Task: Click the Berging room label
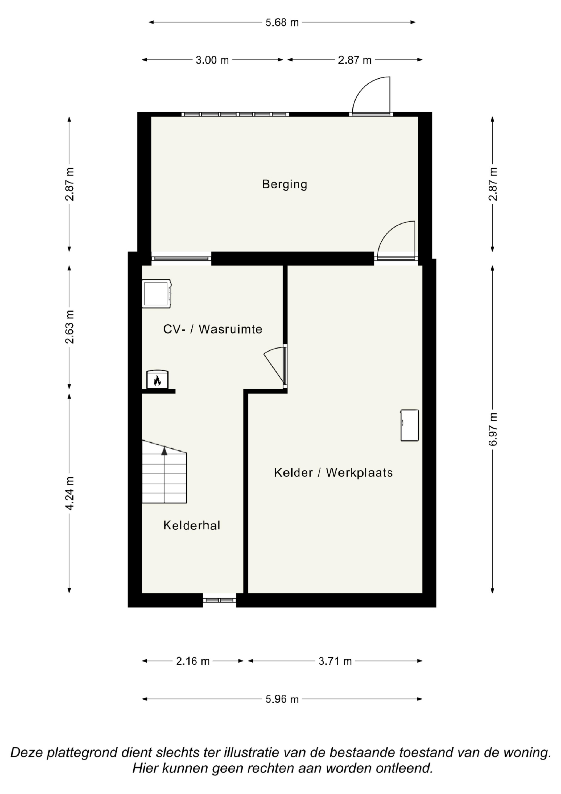pos(284,184)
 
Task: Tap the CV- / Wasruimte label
pos(213,329)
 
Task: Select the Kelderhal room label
pos(192,525)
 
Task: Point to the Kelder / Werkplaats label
pos(333,472)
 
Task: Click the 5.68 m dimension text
pos(282,22)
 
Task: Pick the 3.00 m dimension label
pos(212,60)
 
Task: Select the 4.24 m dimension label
pos(70,493)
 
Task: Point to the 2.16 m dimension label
pos(193,661)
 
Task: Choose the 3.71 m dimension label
pos(335,661)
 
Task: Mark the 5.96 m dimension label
pos(282,699)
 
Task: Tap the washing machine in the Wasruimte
pos(157,293)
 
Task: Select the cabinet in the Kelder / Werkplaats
pos(410,425)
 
